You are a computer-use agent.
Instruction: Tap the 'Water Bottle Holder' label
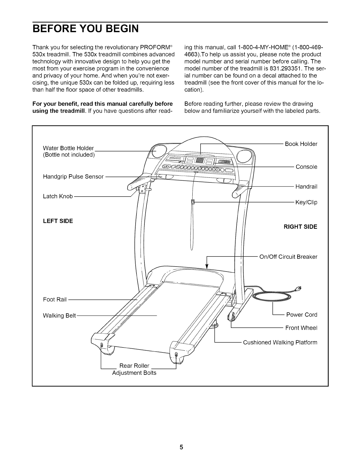[68, 148]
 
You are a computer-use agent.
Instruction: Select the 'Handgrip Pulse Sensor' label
[73, 177]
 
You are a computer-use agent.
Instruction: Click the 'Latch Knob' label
[58, 196]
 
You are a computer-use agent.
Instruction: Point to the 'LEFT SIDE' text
[58, 221]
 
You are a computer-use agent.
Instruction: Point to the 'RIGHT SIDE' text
[300, 227]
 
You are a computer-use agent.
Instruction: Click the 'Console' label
[306, 167]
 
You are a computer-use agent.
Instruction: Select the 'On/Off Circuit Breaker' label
[288, 257]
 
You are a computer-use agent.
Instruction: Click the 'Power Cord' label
[302, 315]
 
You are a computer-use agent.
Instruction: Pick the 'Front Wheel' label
[301, 328]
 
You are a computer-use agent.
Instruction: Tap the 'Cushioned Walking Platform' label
[280, 342]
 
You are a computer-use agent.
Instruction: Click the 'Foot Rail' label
[55, 299]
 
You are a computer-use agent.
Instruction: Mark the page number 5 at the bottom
[181, 447]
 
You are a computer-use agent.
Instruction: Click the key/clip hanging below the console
[193, 202]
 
